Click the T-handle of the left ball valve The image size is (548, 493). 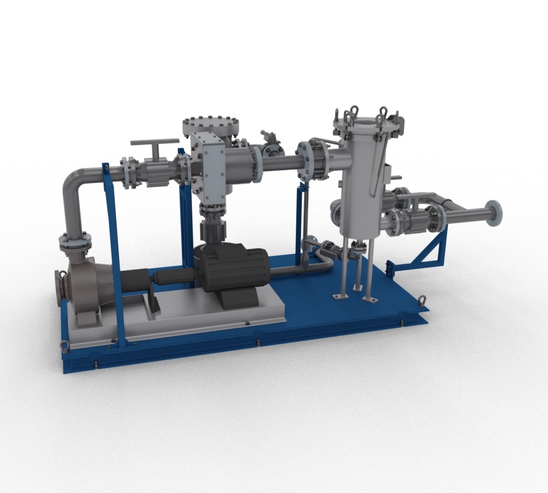[x=154, y=143]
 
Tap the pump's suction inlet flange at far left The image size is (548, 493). [x=58, y=288]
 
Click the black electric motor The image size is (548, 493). [x=233, y=268]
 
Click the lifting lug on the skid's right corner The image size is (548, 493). [x=423, y=303]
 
